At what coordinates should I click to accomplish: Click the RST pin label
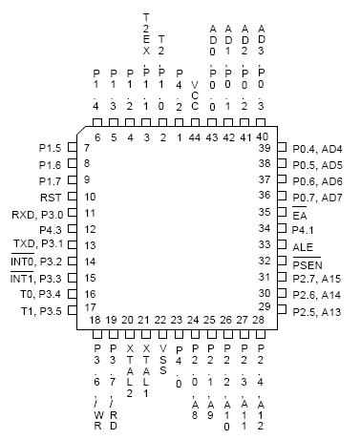[53, 197]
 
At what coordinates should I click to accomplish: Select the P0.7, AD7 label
[317, 197]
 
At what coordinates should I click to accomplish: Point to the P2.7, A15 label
[317, 278]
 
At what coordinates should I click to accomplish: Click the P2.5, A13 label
[317, 310]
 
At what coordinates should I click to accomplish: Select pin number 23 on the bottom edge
[178, 319]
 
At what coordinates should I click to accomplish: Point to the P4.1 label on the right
[304, 229]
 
